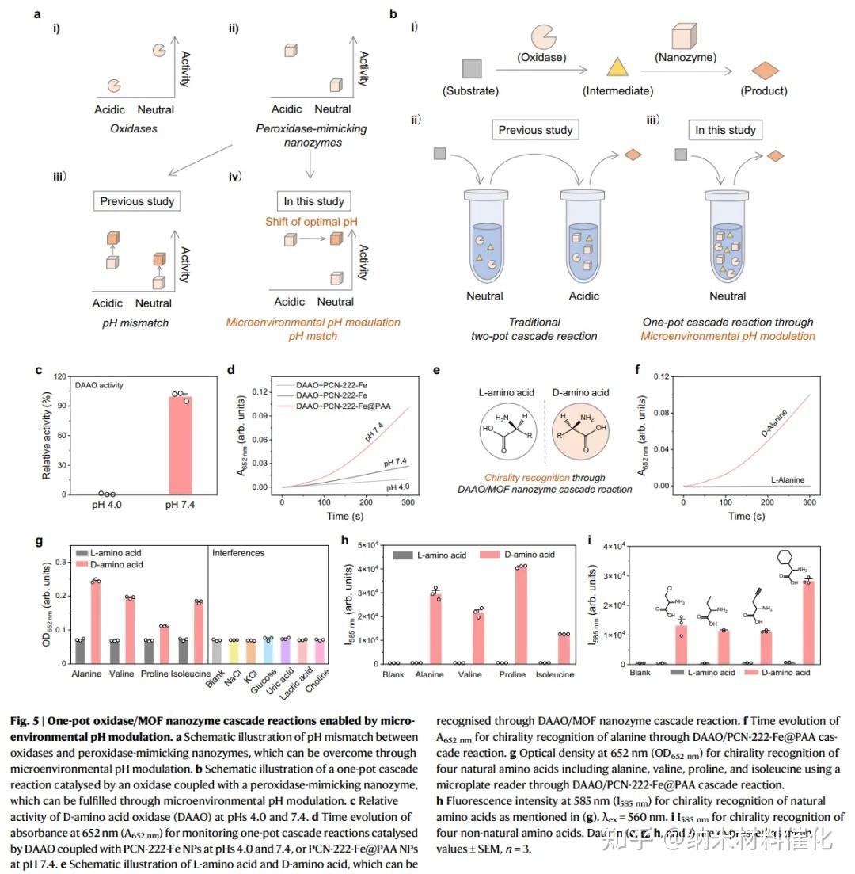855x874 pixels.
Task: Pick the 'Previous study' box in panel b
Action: coord(535,130)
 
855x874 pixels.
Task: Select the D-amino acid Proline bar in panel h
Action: coord(520,614)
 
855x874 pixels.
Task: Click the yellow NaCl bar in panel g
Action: coord(234,651)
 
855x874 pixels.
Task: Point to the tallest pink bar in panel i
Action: coord(807,622)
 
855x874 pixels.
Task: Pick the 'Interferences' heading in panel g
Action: coord(240,552)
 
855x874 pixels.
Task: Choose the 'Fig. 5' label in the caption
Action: coord(25,722)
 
